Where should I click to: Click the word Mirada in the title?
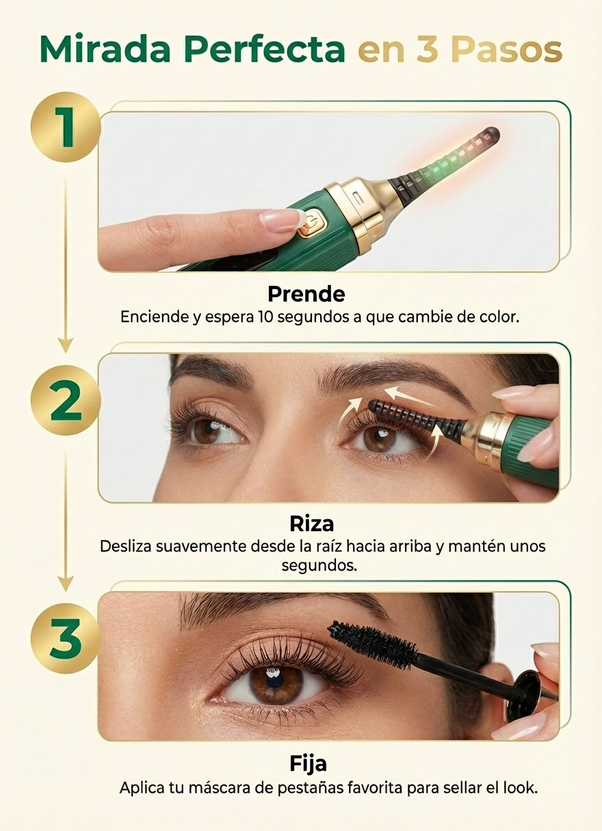(105, 49)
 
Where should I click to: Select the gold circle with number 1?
(66, 127)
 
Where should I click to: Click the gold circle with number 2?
(66, 400)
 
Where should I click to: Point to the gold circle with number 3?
(66, 638)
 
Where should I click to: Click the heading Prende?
(306, 294)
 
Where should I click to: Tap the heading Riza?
(311, 524)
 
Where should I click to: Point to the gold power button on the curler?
(311, 223)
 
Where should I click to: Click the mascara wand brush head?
(374, 644)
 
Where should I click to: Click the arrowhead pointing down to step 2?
(66, 345)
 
